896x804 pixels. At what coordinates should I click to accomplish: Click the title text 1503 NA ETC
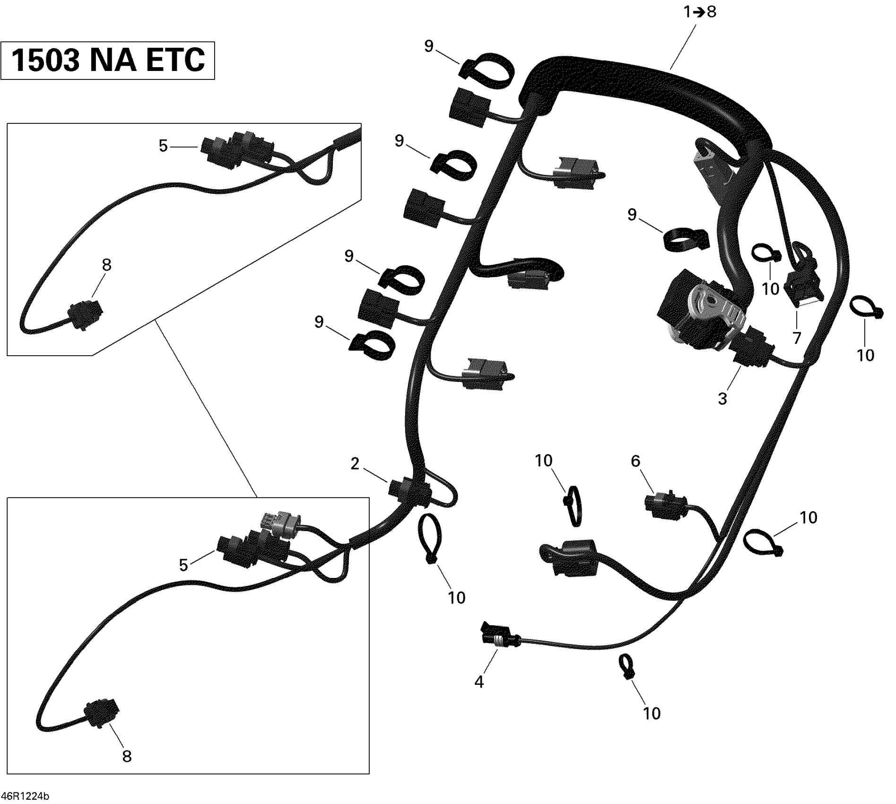(x=108, y=60)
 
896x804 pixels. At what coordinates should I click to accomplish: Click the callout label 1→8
(x=700, y=12)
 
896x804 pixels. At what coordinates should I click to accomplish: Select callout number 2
(x=355, y=464)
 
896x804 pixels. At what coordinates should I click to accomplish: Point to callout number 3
(x=722, y=399)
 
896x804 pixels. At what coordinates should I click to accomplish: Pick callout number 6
(x=635, y=461)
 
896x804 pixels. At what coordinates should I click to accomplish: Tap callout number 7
(x=797, y=338)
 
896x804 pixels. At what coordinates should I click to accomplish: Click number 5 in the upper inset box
(x=163, y=146)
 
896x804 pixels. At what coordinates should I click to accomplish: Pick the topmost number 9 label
(x=429, y=46)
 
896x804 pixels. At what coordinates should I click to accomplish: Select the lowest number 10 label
(x=652, y=713)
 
